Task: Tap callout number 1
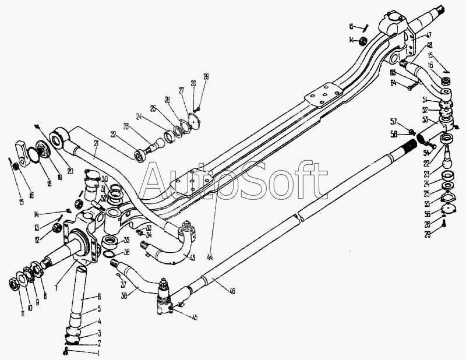point(98,353)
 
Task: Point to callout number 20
point(70,171)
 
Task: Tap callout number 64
point(393,83)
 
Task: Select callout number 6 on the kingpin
point(99,297)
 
